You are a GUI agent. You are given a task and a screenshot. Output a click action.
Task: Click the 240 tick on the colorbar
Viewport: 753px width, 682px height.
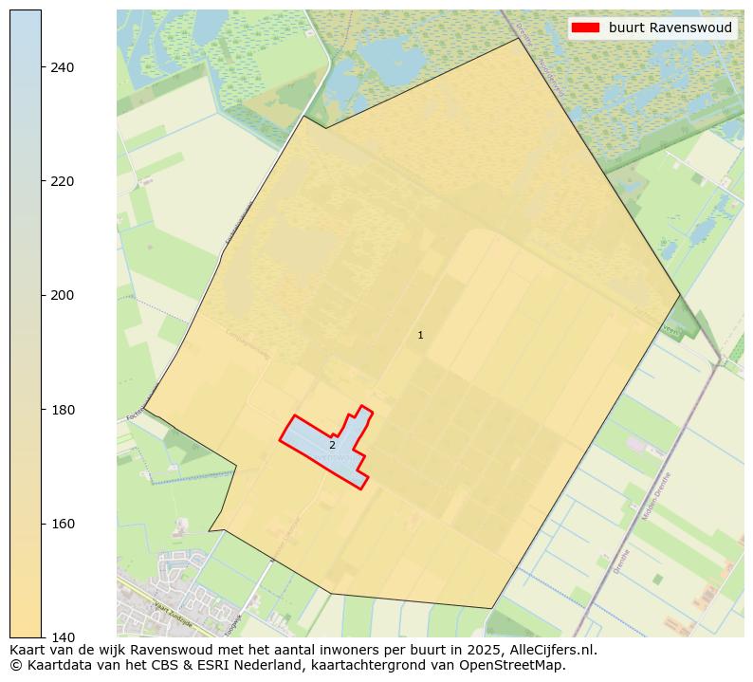pos(63,67)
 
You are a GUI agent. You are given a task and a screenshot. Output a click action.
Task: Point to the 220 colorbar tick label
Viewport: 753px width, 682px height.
pos(63,181)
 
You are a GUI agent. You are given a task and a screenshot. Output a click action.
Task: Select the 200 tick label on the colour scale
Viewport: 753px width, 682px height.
pos(63,295)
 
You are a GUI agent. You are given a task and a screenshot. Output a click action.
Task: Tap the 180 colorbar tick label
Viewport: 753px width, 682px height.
pos(63,410)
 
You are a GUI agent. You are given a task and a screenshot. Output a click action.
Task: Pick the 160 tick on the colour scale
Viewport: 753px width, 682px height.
pos(63,524)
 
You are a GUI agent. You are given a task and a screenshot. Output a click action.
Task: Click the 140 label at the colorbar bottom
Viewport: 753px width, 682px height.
pos(63,637)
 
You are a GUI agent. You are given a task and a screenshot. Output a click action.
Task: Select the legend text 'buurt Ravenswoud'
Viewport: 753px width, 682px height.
pos(670,28)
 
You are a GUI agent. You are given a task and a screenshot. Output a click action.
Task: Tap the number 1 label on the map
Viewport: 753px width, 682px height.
pos(420,335)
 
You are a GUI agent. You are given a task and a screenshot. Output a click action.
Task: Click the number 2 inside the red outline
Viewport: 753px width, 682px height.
pos(332,445)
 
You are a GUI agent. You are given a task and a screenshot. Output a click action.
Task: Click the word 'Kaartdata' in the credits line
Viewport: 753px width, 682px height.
pos(55,665)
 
